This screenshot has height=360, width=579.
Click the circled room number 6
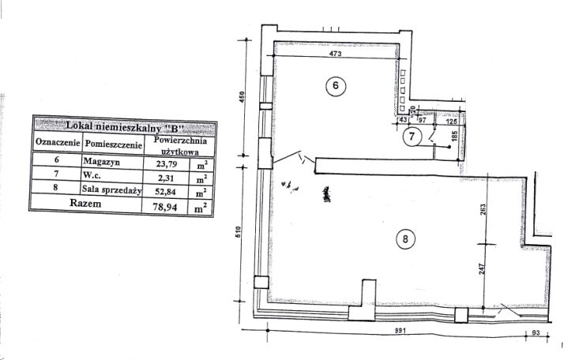coord(335,86)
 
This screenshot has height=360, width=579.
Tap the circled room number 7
coord(412,137)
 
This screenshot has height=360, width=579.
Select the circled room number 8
coord(405,239)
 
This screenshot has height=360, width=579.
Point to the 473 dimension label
coord(335,54)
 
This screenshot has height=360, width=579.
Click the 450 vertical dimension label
coord(243,97)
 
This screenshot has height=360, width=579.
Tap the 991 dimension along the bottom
coord(400,331)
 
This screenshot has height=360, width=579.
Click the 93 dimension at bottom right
coord(536,333)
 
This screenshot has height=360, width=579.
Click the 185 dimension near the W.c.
coord(454,136)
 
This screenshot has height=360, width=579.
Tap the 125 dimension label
coord(452,121)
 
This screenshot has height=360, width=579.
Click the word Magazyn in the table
coord(102,161)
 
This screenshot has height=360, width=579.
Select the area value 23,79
coord(166,163)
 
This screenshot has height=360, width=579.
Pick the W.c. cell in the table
coord(92,174)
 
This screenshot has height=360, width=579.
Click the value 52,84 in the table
coord(165,192)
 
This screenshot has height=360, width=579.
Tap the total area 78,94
coord(165,207)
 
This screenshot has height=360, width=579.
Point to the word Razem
coord(85,204)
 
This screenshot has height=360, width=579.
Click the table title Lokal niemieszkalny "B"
coord(125,126)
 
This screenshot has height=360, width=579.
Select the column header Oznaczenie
coord(58,143)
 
